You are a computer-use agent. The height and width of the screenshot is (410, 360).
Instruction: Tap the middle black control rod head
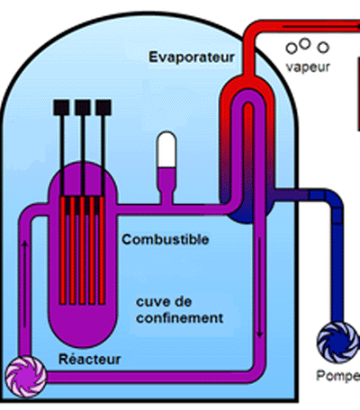pyautogui.click(x=85, y=107)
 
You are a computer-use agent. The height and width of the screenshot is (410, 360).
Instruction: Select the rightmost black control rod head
pyautogui.click(x=106, y=107)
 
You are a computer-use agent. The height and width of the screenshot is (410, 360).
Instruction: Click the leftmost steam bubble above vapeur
pyautogui.click(x=292, y=49)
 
